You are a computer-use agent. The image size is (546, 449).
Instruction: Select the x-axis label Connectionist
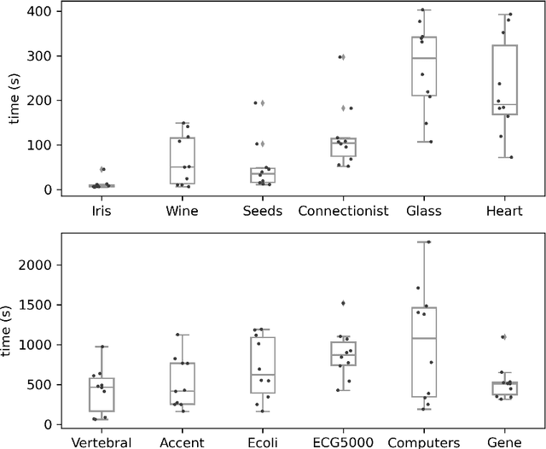(x=344, y=210)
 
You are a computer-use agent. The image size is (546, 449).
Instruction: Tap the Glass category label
(x=424, y=210)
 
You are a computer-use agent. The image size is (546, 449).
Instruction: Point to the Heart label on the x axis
(x=505, y=210)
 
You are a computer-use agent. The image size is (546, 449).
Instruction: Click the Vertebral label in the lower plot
(x=102, y=442)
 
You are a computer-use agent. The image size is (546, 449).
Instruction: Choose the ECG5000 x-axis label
(x=344, y=442)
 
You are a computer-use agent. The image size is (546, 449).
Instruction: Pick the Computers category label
(x=424, y=442)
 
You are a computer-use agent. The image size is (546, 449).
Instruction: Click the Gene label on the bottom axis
(x=505, y=442)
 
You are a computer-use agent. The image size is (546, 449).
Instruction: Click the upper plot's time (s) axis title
(x=14, y=101)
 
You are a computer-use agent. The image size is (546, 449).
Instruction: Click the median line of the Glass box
(x=424, y=58)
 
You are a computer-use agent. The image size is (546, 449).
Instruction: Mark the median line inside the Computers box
(x=424, y=338)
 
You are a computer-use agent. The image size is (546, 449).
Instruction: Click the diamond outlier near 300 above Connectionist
(x=343, y=57)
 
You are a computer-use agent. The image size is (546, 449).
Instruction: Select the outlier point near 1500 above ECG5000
(x=343, y=303)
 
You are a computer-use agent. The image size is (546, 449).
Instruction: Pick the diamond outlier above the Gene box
(x=504, y=337)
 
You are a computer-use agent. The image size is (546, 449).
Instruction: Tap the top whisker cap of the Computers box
(x=424, y=242)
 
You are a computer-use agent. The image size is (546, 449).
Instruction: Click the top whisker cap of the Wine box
(x=182, y=123)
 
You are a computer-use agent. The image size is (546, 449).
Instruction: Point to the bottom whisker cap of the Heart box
(x=505, y=157)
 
